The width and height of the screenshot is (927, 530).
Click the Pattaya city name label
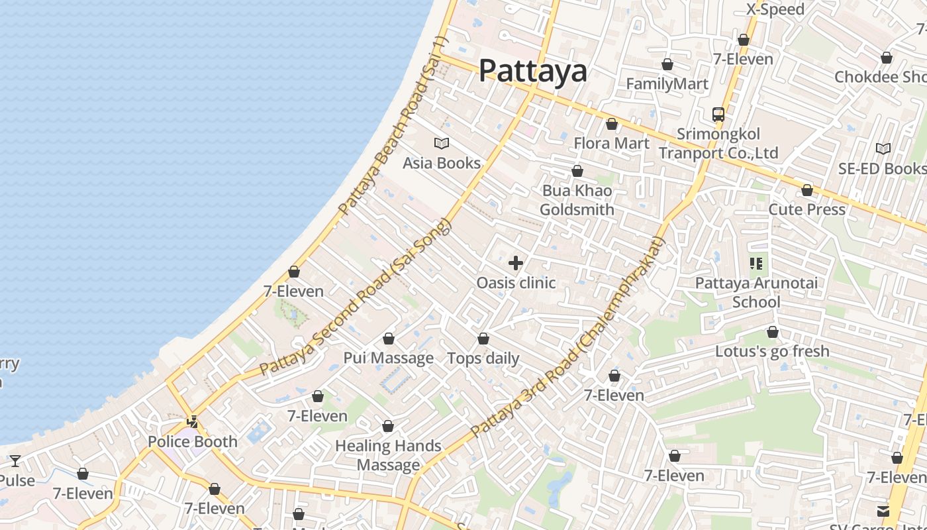532,70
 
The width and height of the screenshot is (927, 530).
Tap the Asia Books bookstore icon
442,143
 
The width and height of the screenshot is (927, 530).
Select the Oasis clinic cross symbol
516,264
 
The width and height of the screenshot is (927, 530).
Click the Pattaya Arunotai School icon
756,264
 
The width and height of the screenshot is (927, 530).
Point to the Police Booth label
193,442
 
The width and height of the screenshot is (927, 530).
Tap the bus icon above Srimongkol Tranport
718,115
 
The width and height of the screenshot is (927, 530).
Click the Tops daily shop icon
483,339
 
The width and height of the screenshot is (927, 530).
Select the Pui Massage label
388,358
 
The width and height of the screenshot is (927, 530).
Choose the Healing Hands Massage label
388,455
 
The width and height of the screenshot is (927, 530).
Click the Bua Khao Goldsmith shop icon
577,172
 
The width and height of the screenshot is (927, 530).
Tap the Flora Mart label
611,143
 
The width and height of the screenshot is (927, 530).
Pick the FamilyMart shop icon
667,65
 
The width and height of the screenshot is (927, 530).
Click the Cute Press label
806,210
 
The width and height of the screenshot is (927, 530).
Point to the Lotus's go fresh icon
772,333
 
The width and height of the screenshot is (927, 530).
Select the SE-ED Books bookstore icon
883,149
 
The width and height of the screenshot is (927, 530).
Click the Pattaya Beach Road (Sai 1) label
393,126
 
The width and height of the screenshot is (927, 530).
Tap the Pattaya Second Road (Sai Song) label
355,298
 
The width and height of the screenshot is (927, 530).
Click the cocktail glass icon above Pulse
15,460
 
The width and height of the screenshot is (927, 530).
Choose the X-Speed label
775,9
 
